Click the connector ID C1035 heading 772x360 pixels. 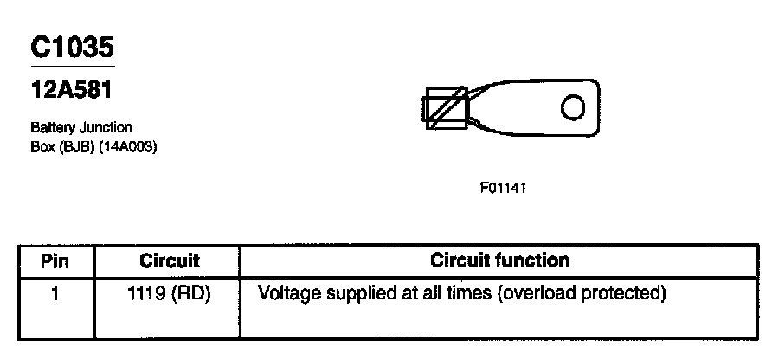point(72,48)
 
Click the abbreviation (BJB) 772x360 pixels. point(74,145)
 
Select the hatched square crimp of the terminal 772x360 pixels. point(446,108)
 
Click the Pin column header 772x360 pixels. point(55,260)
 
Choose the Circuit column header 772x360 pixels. point(169,260)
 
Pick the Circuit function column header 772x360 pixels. point(499,260)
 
